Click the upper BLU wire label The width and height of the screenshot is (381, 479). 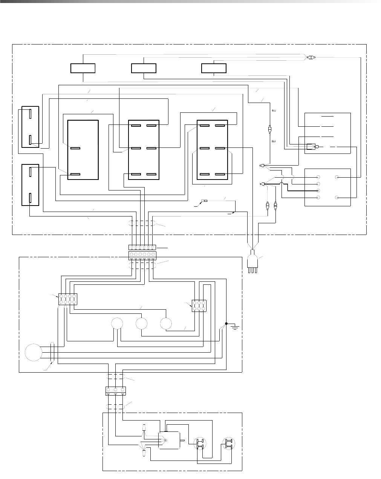(274, 111)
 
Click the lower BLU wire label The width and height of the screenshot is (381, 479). (274, 141)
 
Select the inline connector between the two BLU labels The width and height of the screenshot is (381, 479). (269, 129)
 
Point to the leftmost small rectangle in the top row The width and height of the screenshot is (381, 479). (83, 68)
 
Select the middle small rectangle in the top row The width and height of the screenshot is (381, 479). (144, 68)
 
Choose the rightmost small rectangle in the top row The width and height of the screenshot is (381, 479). (214, 68)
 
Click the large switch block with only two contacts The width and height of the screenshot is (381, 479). (83, 150)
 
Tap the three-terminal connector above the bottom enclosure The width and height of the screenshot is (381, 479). (115, 391)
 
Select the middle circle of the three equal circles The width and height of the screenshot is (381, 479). (141, 324)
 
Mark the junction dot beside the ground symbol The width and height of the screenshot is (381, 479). (226, 323)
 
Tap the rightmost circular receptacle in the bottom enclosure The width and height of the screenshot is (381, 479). (227, 444)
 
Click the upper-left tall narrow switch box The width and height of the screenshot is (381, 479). (31, 127)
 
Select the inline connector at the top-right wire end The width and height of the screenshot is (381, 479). (311, 58)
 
